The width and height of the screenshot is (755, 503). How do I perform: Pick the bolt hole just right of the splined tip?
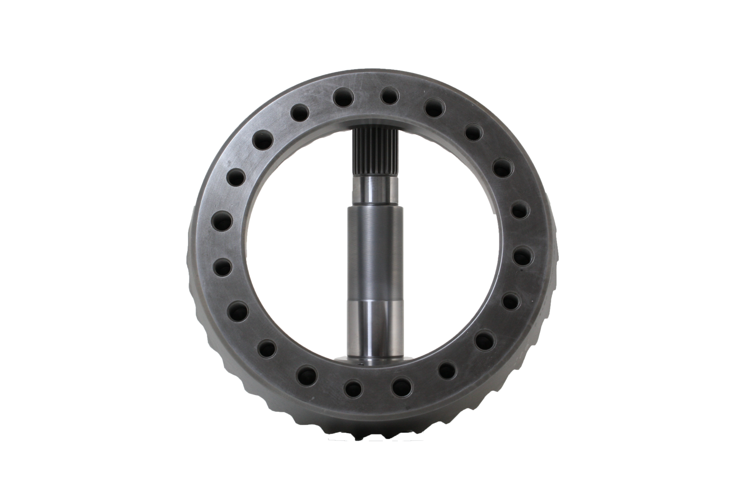[x=389, y=96]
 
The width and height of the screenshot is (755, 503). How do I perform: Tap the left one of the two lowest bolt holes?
[x=353, y=388]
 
